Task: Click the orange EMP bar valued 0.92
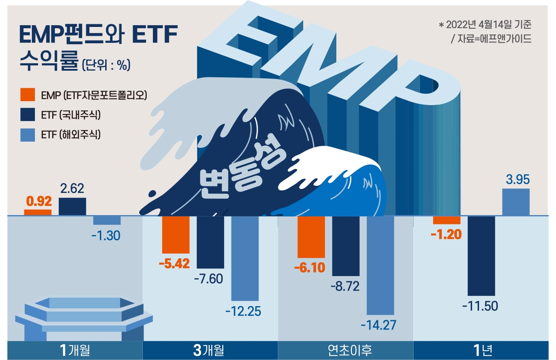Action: pyautogui.click(x=38, y=212)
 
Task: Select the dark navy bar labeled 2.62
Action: pyautogui.click(x=72, y=207)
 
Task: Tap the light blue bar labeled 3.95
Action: pyautogui.click(x=516, y=202)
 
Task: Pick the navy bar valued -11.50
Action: pyautogui.click(x=481, y=255)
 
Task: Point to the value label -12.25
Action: pyautogui.click(x=243, y=311)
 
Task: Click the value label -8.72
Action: pyautogui.click(x=345, y=286)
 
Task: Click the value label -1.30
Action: pyautogui.click(x=106, y=236)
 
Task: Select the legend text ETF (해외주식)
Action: pyautogui.click(x=71, y=135)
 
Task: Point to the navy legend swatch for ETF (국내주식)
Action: pyautogui.click(x=27, y=115)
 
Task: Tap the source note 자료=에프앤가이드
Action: pyautogui.click(x=491, y=39)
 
